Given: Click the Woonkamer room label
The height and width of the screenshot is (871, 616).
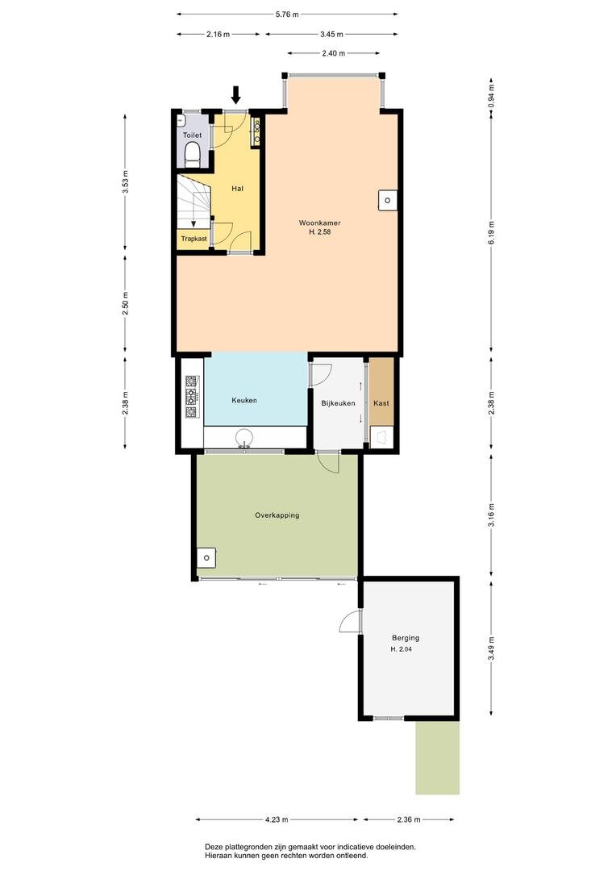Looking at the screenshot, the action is (x=319, y=223).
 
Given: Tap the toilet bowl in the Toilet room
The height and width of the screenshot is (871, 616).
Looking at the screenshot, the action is (x=192, y=154).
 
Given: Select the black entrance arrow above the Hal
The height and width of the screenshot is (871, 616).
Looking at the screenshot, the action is (x=236, y=95).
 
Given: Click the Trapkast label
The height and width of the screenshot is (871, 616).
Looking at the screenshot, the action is (x=194, y=239).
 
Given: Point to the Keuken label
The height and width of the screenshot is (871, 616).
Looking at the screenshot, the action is (x=243, y=400).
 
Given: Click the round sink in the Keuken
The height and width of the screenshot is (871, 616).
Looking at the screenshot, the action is (x=243, y=437).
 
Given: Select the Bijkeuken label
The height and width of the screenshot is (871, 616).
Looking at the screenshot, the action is (x=338, y=403).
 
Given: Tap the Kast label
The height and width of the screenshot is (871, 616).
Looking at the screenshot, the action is (x=381, y=403).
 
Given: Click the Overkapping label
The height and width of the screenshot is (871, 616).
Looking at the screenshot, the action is (x=277, y=515).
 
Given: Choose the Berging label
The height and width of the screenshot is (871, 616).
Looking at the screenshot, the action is (x=406, y=638).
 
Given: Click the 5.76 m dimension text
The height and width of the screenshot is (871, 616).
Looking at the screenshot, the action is (x=287, y=15).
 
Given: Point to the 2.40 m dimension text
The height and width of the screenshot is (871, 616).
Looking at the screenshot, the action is (x=333, y=53).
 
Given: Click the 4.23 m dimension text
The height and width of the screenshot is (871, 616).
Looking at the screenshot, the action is (x=276, y=819).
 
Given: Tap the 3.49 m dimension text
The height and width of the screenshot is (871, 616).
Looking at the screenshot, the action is (x=491, y=649).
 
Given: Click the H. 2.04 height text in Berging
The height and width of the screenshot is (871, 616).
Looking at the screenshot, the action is (x=401, y=648).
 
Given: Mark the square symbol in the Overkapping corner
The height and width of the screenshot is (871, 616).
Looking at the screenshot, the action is (x=206, y=557).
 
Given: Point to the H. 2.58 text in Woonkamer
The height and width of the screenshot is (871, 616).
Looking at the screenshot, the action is (x=319, y=232).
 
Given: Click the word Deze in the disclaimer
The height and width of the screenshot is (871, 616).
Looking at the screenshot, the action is (x=214, y=847).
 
